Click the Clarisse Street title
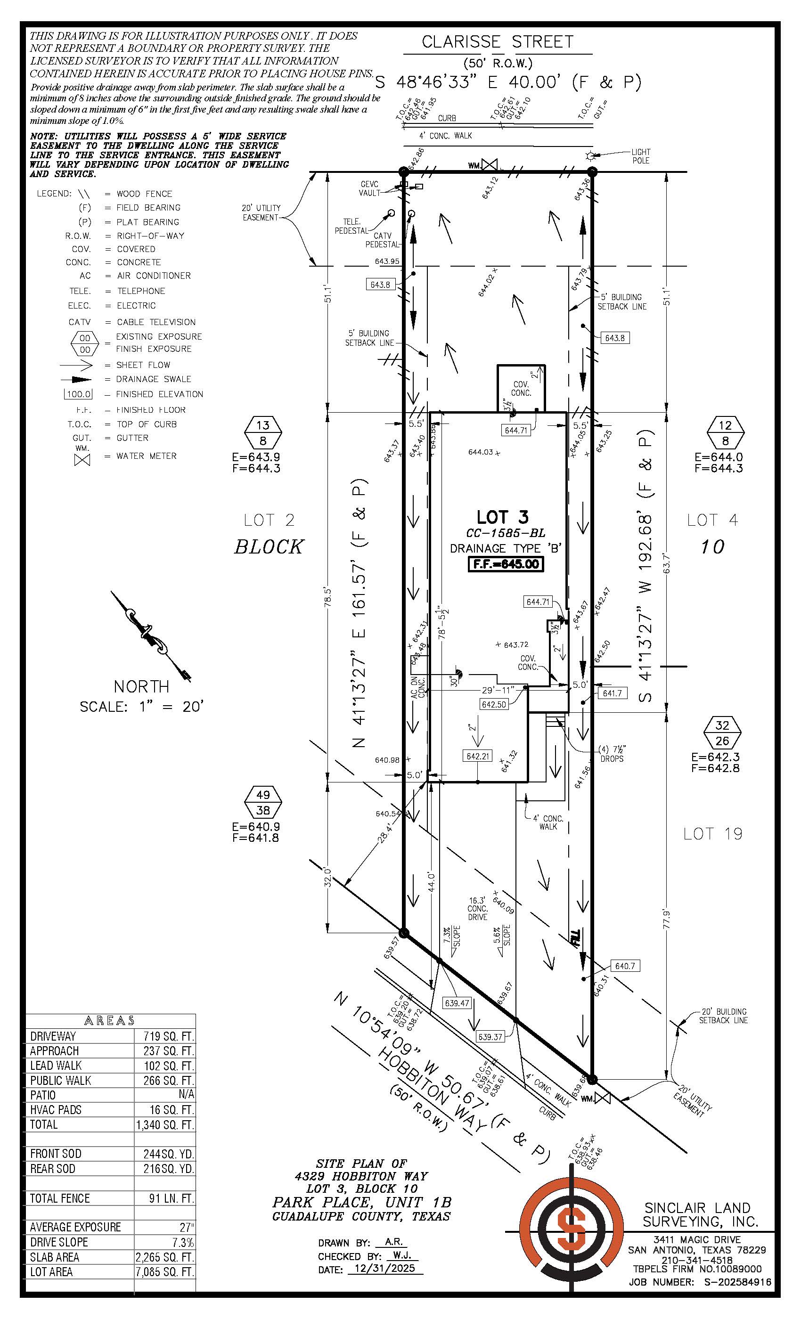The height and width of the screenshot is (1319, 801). pyautogui.click(x=497, y=42)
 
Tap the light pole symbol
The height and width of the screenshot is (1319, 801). pyautogui.click(x=590, y=156)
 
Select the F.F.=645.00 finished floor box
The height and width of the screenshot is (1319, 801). pyautogui.click(x=506, y=564)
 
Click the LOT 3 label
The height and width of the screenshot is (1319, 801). pyautogui.click(x=502, y=517)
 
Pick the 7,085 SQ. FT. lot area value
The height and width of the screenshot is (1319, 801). pyautogui.click(x=165, y=1272)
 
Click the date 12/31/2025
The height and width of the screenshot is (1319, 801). pyautogui.click(x=384, y=1269)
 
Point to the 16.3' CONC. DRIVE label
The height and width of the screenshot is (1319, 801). pyautogui.click(x=477, y=908)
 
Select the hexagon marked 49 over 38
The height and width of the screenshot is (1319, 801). pyautogui.click(x=263, y=802)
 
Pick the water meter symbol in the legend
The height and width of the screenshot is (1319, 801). pyautogui.click(x=82, y=459)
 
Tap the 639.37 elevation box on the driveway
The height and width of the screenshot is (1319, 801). pyautogui.click(x=490, y=1037)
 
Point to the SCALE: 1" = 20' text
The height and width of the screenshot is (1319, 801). pyautogui.click(x=141, y=707)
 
